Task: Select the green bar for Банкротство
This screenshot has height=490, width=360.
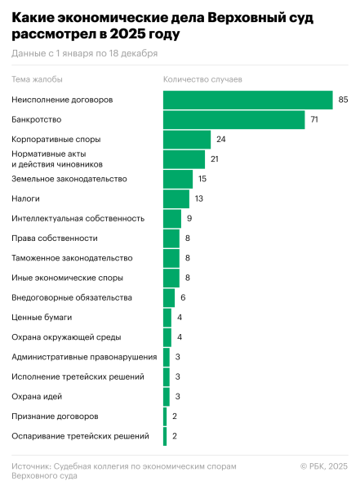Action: click(233, 119)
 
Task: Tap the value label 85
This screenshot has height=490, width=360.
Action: click(343, 100)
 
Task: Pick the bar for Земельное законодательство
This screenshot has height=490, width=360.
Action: click(178, 179)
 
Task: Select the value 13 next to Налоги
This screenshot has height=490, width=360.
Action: click(199, 198)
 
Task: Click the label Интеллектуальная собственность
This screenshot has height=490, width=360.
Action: click(78, 218)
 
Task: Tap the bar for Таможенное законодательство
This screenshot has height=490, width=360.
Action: click(171, 258)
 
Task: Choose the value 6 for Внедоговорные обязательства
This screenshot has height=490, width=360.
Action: click(183, 298)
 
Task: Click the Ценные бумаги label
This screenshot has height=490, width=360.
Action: click(42, 318)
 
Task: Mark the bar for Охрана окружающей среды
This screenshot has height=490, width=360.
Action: click(167, 337)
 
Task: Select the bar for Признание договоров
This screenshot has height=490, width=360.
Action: click(165, 416)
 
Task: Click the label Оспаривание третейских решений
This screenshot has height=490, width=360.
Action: click(80, 437)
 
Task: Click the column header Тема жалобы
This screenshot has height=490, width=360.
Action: click(37, 79)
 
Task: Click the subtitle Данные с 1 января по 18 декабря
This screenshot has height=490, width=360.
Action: click(84, 53)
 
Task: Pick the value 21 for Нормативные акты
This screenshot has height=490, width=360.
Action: click(215, 159)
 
